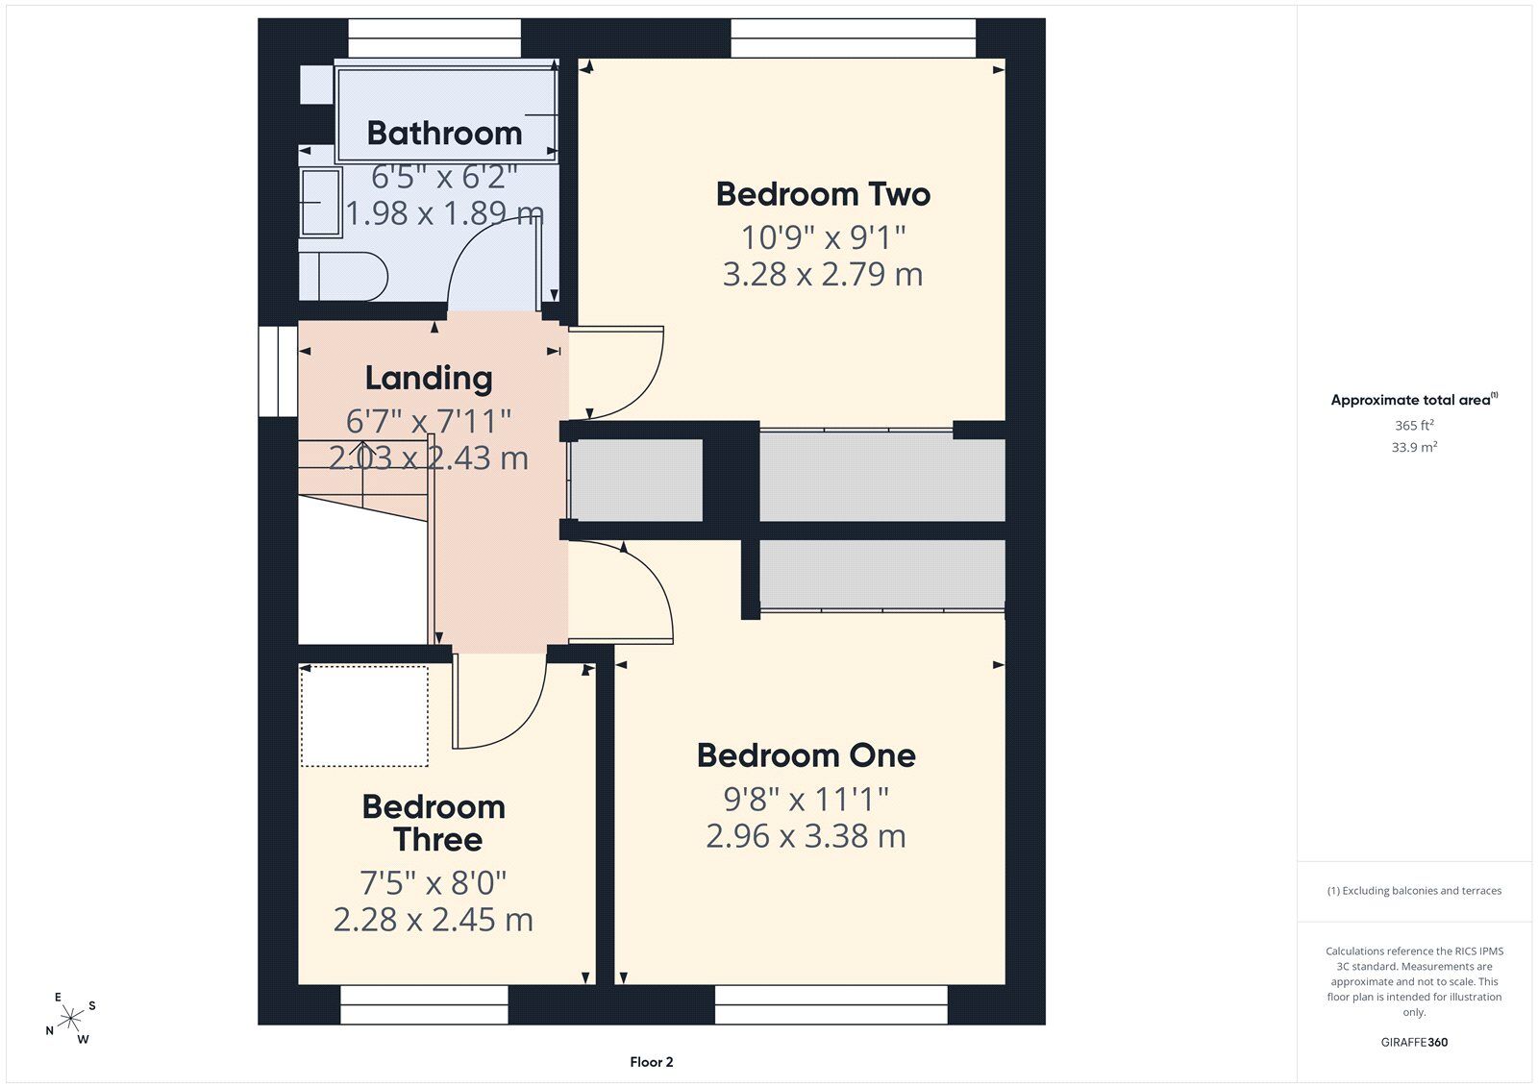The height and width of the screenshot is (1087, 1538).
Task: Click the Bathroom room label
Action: tap(444, 134)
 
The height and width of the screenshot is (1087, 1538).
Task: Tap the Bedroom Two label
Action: tap(823, 194)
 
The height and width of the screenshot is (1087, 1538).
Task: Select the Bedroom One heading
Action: tap(806, 755)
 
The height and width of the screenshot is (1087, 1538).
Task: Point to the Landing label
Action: tap(429, 379)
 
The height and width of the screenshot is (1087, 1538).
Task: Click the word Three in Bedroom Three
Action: tap(438, 840)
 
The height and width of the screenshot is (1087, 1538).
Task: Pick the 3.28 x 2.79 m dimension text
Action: tap(823, 274)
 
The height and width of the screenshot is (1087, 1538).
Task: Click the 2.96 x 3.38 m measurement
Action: tap(806, 836)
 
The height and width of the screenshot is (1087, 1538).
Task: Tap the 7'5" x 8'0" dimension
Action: tap(434, 882)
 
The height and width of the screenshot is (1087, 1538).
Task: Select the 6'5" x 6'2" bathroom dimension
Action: tap(444, 177)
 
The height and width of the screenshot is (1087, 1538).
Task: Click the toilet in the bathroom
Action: tap(344, 277)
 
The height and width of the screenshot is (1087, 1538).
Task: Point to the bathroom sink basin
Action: tap(321, 203)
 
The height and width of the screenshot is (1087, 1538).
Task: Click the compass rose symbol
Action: tap(70, 1018)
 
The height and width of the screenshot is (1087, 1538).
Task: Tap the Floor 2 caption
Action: tap(652, 1062)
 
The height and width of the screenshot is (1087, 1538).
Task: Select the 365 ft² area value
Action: tap(1414, 425)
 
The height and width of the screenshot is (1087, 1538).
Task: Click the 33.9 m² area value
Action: tap(1414, 447)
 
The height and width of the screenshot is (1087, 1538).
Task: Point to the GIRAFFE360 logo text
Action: tap(1414, 1042)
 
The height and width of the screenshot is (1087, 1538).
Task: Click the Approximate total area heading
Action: tap(1414, 400)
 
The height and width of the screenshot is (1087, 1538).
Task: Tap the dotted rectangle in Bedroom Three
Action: tap(364, 716)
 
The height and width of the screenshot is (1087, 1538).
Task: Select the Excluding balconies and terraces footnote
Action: tap(1414, 891)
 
